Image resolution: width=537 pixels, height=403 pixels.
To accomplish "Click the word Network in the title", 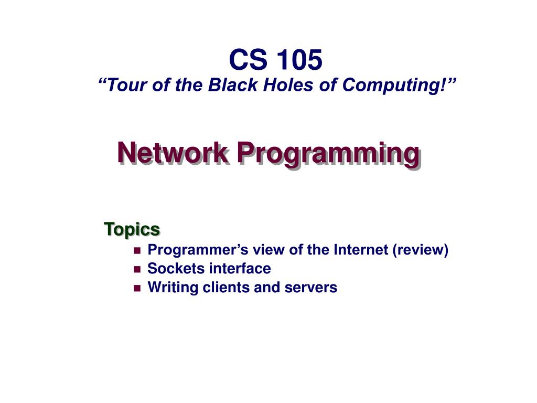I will (173, 153).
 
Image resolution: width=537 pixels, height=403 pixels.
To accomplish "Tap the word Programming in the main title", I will (328, 154).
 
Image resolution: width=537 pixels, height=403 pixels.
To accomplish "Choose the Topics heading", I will (132, 229).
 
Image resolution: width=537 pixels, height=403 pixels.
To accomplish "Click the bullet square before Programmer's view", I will (137, 251).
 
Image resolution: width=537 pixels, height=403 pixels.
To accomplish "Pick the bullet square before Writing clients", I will (137, 288).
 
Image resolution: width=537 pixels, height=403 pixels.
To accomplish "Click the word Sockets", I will (176, 269).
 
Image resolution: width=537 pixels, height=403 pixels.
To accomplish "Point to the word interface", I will (240, 269).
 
